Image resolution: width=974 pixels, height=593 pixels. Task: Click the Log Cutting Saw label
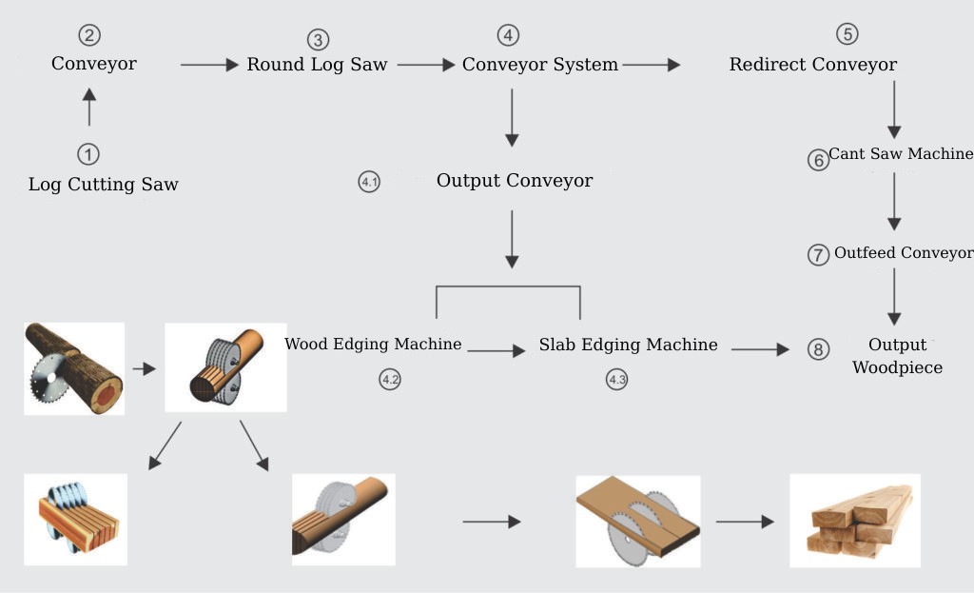(103, 185)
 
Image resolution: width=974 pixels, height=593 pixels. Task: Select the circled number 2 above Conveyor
(89, 36)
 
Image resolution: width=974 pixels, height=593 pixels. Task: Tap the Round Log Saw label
(317, 65)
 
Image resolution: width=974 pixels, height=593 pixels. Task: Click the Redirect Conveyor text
(812, 65)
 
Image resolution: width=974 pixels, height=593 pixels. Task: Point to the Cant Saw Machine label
(900, 154)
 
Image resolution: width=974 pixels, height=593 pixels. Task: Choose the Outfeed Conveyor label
(903, 253)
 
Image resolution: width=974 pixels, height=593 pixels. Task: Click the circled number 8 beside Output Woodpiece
(818, 349)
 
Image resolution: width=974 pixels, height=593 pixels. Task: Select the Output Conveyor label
(514, 181)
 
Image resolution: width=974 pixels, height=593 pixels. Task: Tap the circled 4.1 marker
(369, 182)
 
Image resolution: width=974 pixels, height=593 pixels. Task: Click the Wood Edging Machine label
(373, 345)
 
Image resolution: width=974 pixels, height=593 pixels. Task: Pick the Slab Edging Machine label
(628, 345)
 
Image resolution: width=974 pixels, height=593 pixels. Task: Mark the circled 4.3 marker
(616, 380)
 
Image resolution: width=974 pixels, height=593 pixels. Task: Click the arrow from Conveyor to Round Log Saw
(208, 65)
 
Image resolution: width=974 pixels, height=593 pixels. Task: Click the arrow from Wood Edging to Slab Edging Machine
(496, 350)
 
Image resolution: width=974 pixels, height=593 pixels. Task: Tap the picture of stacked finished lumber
(855, 521)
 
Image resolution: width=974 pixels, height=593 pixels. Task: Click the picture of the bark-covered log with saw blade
(74, 368)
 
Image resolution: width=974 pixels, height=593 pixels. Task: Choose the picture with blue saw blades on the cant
(75, 520)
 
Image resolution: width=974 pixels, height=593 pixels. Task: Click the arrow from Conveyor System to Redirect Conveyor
(652, 65)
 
